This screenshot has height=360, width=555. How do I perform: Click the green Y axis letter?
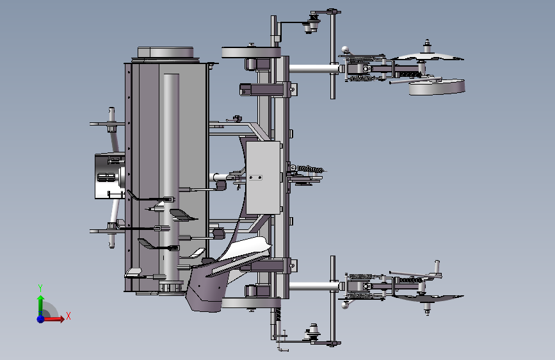pos(40,288)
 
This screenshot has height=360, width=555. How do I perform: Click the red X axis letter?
pos(68,316)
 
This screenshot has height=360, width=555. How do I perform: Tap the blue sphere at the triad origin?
pos(41,319)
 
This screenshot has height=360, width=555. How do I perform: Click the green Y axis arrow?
pos(41,305)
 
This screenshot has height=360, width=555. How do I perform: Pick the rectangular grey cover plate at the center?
pos(263,177)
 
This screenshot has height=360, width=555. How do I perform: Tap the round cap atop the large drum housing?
pos(165,53)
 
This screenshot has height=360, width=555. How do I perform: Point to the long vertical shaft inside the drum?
pos(171,177)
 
